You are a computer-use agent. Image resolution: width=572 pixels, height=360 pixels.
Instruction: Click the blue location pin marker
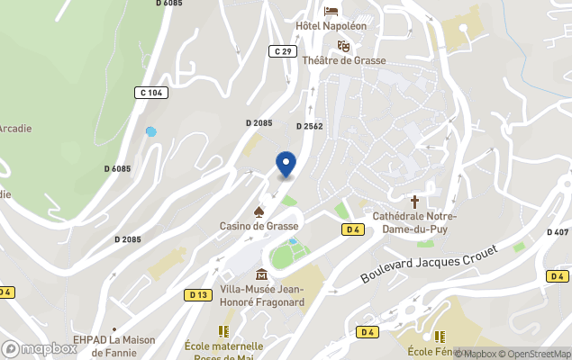pyautogui.click(x=286, y=164)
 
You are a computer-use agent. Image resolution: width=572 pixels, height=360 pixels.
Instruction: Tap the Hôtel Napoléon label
pyautogui.click(x=331, y=25)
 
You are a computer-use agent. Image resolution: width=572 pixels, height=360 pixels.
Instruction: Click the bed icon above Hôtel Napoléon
pyautogui.click(x=331, y=11)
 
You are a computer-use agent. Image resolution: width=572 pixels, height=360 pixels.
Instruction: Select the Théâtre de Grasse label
pyautogui.click(x=344, y=60)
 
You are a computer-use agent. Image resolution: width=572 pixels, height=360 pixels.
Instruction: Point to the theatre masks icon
pyautogui.click(x=343, y=46)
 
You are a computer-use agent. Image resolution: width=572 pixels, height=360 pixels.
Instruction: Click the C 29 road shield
pyautogui.click(x=281, y=52)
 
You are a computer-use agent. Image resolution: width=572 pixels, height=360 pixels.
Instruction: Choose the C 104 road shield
pyautogui.click(x=151, y=93)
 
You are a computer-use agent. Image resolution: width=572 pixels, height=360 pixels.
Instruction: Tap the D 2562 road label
pyautogui.click(x=310, y=127)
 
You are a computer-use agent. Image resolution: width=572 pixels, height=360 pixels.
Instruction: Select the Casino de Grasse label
pyautogui.click(x=258, y=226)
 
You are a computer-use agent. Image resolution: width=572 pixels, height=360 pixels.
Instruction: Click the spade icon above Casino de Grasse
pyautogui.click(x=259, y=211)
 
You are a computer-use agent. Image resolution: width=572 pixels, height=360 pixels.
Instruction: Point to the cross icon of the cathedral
pyautogui.click(x=415, y=202)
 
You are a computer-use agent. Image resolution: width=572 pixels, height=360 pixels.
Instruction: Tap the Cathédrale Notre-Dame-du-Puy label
pyautogui.click(x=415, y=223)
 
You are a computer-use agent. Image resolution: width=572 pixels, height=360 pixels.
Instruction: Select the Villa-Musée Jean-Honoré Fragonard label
pyautogui.click(x=262, y=295)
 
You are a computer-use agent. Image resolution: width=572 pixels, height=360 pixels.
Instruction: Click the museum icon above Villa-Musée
pyautogui.click(x=261, y=274)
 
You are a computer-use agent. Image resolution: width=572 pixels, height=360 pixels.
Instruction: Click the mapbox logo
pyautogui.click(x=40, y=348)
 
